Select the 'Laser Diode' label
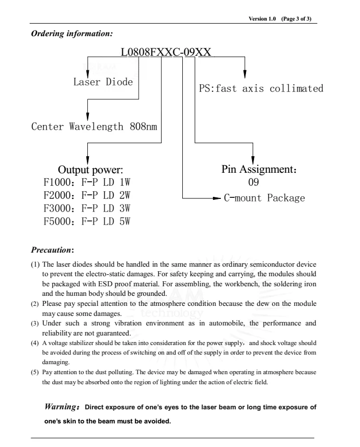pos(103,82)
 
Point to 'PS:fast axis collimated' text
pos(261,89)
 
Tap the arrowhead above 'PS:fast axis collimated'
pos(245,74)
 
